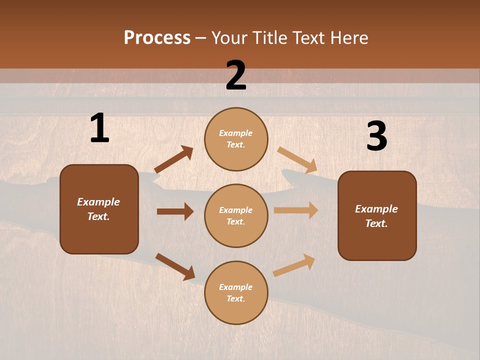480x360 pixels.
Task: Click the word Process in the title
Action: tap(157, 37)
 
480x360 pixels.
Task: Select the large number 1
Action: tap(99, 128)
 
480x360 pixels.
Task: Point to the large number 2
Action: tap(236, 75)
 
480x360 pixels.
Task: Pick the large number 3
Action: tap(376, 136)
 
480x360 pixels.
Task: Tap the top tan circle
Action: tap(236, 139)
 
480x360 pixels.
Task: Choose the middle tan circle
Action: tap(236, 215)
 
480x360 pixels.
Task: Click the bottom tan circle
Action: tap(236, 292)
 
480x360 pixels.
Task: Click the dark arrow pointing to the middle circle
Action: tap(175, 211)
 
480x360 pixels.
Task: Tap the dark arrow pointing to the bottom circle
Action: tap(175, 266)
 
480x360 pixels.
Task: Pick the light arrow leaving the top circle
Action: tap(297, 160)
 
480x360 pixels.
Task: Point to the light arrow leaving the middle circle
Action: tap(296, 210)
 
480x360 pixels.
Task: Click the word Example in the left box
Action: tap(98, 202)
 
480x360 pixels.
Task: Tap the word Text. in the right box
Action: tap(376, 223)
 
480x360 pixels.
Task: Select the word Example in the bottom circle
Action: tap(235, 287)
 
